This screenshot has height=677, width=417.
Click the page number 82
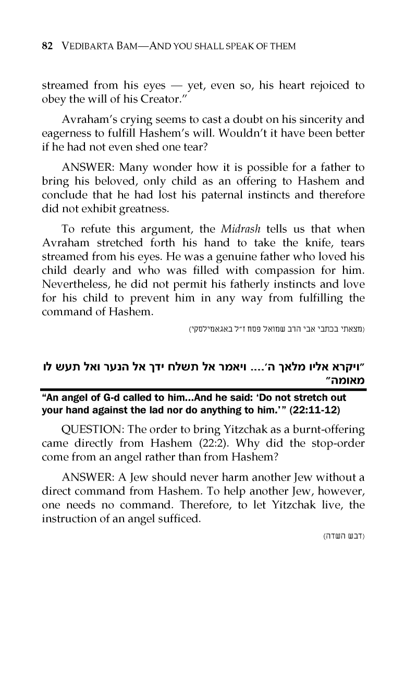pyautogui.click(x=47, y=46)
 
